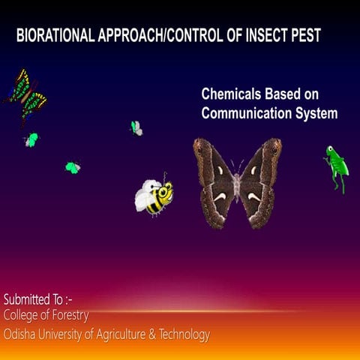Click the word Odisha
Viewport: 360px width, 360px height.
(22, 334)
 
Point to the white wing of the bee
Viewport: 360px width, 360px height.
(144, 199)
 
